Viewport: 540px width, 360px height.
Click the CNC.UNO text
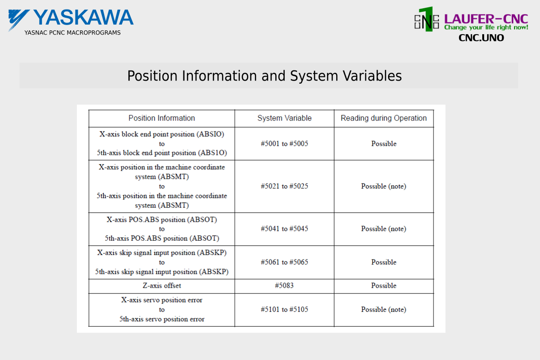[481, 38]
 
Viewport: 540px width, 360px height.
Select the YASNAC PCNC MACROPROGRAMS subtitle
[72, 33]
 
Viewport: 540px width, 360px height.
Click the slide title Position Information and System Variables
[264, 76]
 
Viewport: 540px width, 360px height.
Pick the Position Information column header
[161, 118]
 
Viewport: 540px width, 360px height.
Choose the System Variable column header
[284, 118]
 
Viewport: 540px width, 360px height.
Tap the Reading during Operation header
[384, 118]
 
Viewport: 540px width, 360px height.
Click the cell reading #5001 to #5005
[284, 144]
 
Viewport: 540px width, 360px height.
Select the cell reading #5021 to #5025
[284, 186]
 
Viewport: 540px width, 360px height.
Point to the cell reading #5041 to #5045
[284, 229]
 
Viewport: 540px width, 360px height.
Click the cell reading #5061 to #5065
[284, 262]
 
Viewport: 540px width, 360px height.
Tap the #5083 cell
[284, 286]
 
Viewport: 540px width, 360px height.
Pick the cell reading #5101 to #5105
[284, 309]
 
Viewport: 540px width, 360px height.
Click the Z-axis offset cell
[162, 286]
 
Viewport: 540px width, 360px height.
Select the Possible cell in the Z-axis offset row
[384, 286]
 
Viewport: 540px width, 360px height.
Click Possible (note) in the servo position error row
[384, 309]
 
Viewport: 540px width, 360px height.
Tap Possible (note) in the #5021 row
[384, 186]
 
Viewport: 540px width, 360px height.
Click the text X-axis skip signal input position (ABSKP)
[162, 253]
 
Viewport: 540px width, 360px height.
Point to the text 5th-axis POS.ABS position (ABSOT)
[162, 238]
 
